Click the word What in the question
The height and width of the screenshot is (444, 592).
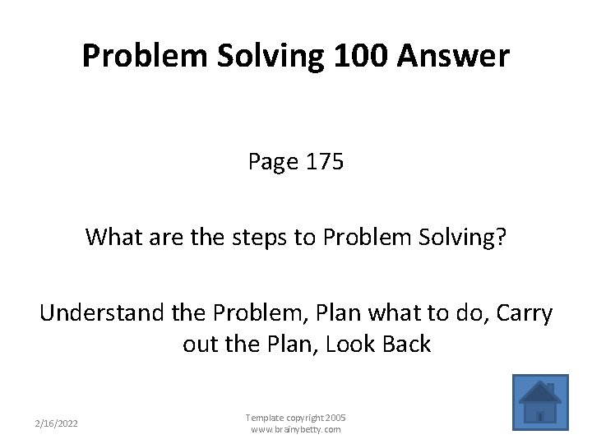tap(112, 238)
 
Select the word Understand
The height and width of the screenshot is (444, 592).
tap(98, 312)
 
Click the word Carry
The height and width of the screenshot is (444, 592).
tap(523, 312)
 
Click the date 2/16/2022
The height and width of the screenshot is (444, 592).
tap(57, 423)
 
